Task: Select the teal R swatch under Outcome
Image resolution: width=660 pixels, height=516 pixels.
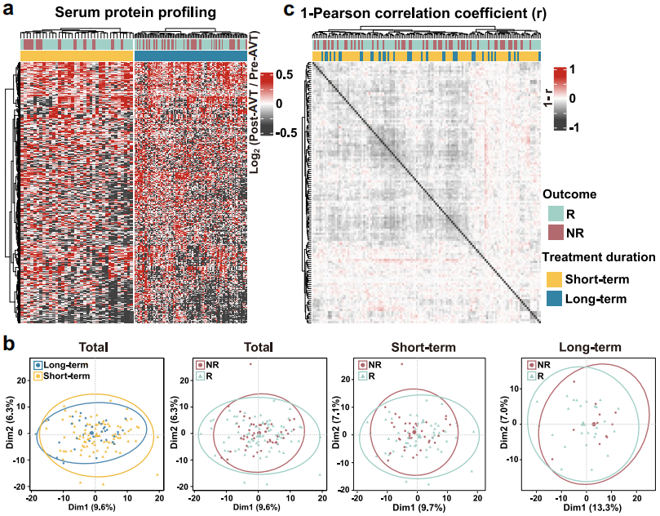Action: tap(554, 214)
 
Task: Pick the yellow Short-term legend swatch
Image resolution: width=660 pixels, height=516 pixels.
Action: tap(554, 278)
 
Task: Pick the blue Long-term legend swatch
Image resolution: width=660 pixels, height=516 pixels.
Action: tap(554, 300)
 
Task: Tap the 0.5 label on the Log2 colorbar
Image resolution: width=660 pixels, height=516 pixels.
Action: tap(286, 74)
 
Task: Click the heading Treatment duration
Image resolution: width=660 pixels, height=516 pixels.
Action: tap(600, 257)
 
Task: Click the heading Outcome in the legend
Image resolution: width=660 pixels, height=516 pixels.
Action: tap(571, 194)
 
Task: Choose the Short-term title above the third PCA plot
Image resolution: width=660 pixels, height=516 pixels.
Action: tap(417, 346)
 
